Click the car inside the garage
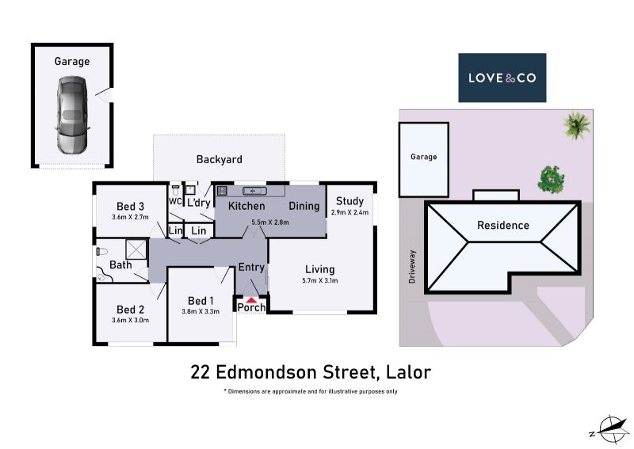click(71, 115)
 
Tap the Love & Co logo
click(502, 78)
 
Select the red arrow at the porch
click(251, 300)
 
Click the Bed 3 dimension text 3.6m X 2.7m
click(130, 217)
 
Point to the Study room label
click(349, 201)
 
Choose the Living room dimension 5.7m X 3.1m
click(320, 280)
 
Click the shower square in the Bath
click(136, 249)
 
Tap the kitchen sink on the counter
click(254, 191)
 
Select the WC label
click(175, 201)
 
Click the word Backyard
click(220, 159)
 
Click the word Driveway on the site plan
click(411, 266)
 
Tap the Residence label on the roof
click(503, 225)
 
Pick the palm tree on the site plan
click(577, 125)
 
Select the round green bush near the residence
click(551, 179)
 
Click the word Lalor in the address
click(408, 372)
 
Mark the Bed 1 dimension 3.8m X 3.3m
click(201, 311)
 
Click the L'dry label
click(199, 203)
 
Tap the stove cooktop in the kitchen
click(222, 190)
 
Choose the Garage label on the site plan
click(424, 157)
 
